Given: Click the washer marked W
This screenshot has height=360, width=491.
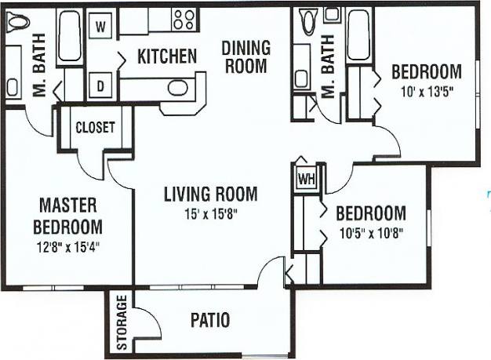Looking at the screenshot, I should pos(100,26).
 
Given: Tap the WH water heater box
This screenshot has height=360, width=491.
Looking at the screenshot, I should pos(305,178).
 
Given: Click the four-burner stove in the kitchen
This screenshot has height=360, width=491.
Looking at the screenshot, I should pos(186,20).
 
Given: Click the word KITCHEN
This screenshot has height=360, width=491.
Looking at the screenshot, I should pos(166,56).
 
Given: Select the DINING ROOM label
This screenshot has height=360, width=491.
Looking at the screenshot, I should pos(247,56).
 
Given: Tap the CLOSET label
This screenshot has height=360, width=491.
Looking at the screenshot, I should pos(95,127).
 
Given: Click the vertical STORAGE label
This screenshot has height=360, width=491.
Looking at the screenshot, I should pos(122,322).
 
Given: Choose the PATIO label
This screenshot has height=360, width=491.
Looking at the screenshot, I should pos(210,320).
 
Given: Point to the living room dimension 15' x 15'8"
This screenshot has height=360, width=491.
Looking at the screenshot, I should pos(209,211).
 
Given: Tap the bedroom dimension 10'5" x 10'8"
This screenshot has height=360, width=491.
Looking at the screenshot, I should pos(370,232).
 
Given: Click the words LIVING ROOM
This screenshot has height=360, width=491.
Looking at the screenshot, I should pos(209,193).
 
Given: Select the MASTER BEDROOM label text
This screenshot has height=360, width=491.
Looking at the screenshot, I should pos(68,216).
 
